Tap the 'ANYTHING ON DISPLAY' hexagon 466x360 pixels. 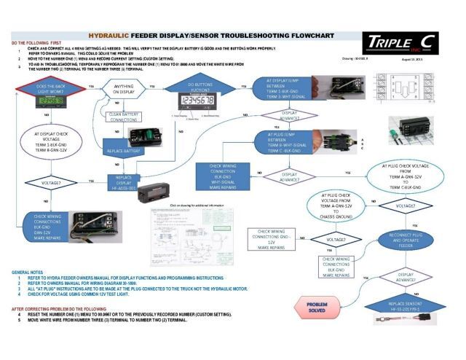click(x=124, y=90)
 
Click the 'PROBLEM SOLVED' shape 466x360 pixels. click(x=317, y=308)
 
